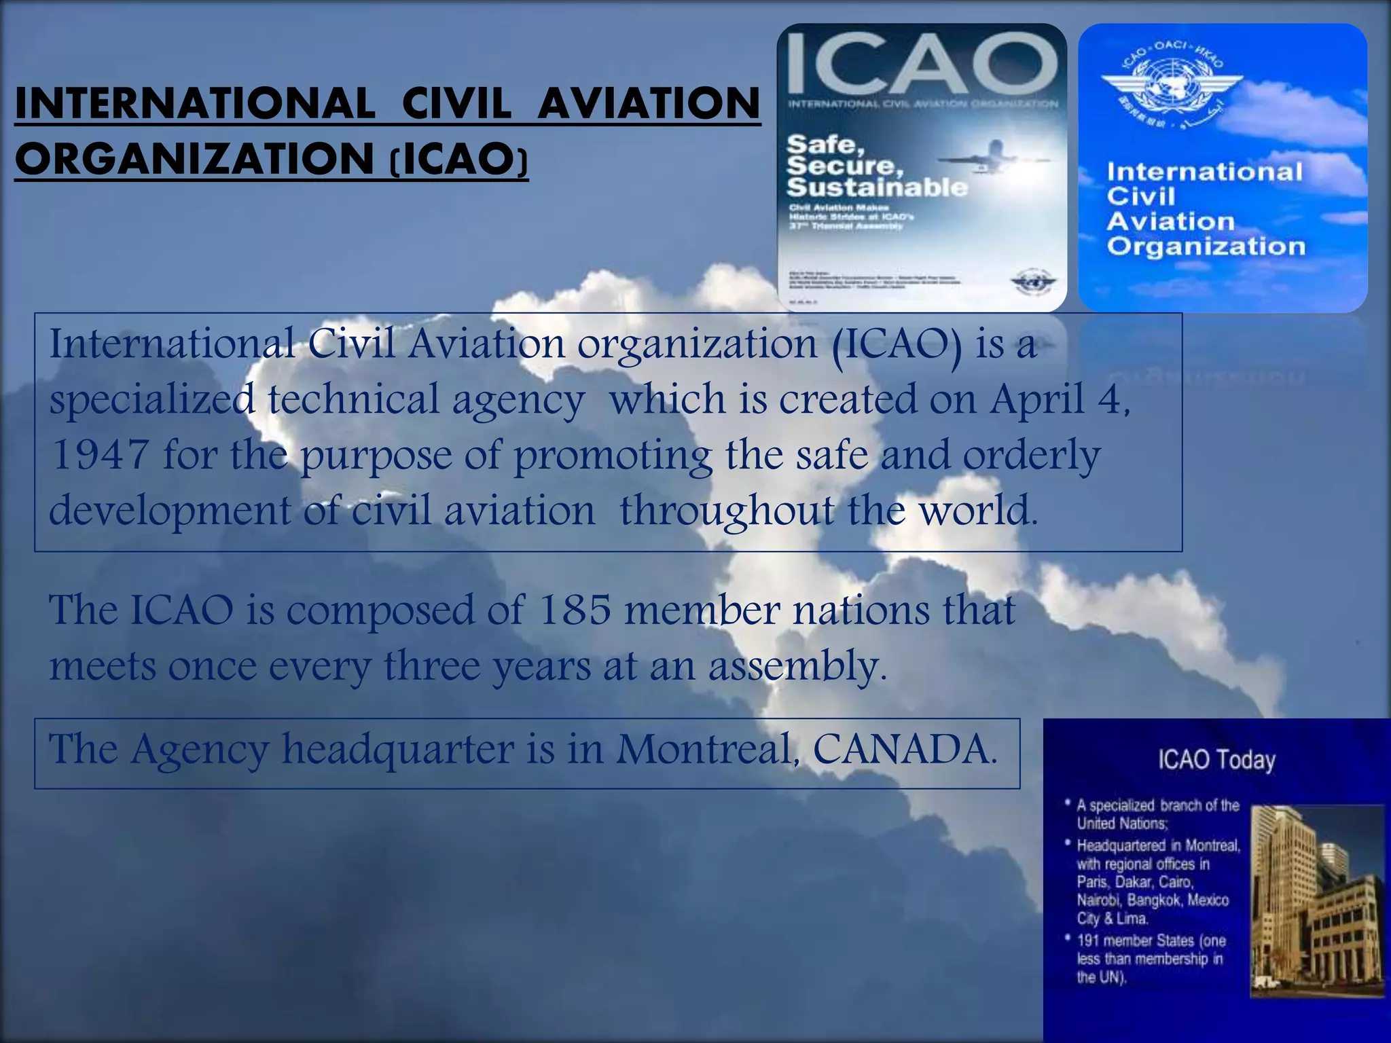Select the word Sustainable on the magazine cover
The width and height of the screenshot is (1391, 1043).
877,187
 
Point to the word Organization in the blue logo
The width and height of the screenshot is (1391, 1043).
1206,246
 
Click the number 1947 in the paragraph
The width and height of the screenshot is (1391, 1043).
101,454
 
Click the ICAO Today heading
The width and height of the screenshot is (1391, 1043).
1216,759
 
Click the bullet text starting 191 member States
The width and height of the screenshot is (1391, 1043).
1151,959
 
